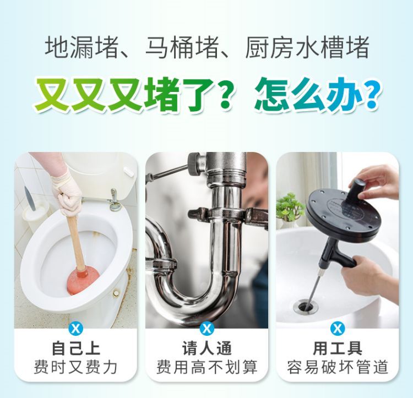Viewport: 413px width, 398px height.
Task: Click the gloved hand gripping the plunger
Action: click(67, 192)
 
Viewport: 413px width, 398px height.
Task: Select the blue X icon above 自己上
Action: click(75, 329)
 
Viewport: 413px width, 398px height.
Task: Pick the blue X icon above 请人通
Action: click(206, 329)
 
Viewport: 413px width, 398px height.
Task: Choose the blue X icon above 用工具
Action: click(338, 329)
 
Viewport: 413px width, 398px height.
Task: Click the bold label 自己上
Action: click(76, 348)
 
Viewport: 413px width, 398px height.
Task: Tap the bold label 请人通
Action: click(206, 348)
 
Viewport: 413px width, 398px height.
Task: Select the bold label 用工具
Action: click(338, 348)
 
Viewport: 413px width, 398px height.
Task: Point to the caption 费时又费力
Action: click(75, 367)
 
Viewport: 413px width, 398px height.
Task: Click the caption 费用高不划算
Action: click(206, 367)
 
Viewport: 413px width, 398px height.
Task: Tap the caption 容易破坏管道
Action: click(338, 367)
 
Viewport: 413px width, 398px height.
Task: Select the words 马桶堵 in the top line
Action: click(182, 48)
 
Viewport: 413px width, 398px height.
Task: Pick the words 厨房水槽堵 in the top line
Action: click(307, 48)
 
